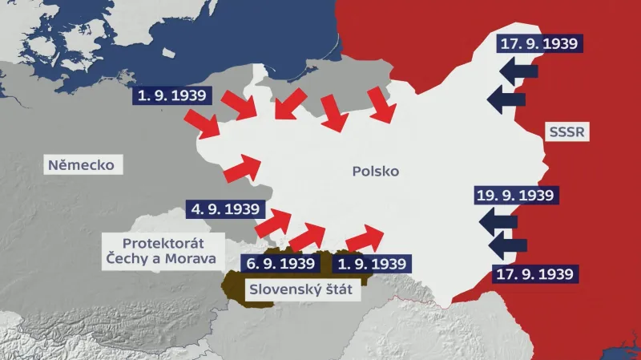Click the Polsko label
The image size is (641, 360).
point(374,172)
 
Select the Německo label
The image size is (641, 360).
point(81,166)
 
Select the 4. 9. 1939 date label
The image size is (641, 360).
point(225,210)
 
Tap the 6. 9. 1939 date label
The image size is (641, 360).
point(280,263)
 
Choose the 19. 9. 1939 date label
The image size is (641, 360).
point(514,195)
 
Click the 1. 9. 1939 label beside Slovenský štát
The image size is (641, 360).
point(372,263)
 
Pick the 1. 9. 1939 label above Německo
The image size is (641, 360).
point(172,95)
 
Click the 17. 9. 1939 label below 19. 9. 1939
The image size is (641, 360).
point(535,273)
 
